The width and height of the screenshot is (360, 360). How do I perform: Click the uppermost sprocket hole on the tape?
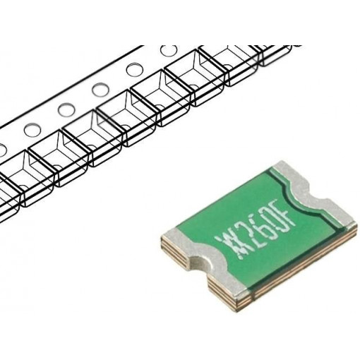pos(169,52)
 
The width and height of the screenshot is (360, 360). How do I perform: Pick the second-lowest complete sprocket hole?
pos(66,109)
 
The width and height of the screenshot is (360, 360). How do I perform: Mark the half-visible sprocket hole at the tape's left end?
pos(2,149)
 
